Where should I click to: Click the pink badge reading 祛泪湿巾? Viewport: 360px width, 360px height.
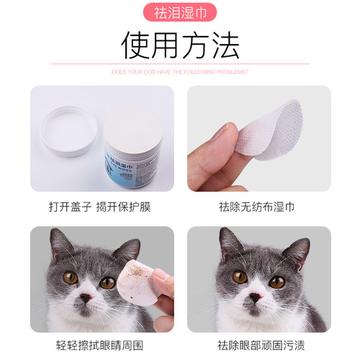pyautogui.click(x=180, y=14)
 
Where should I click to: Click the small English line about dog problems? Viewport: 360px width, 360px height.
pyautogui.click(x=180, y=72)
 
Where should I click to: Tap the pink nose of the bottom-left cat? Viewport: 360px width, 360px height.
pyautogui.click(x=85, y=297)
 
